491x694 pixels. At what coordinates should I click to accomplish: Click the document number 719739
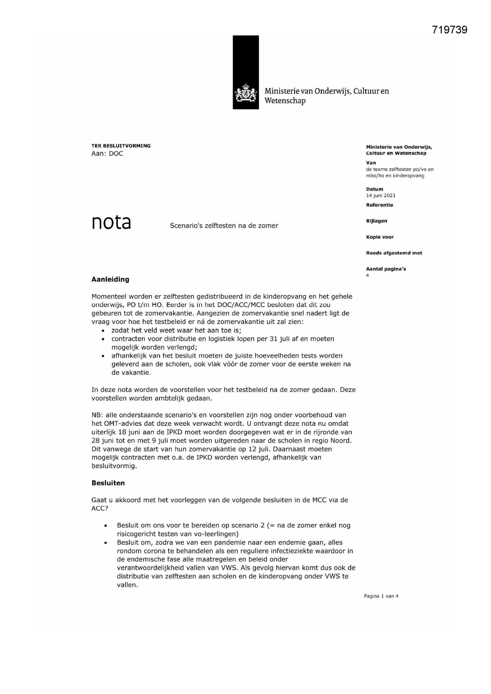click(x=449, y=30)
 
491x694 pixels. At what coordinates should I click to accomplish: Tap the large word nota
click(x=111, y=222)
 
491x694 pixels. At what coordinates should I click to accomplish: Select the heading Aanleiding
click(x=110, y=279)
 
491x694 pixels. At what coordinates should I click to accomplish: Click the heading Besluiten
click(x=108, y=483)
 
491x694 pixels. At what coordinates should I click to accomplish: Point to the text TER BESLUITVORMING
click(x=121, y=146)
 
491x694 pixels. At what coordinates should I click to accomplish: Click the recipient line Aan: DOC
click(x=107, y=154)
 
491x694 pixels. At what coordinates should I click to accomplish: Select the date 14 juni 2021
click(x=381, y=195)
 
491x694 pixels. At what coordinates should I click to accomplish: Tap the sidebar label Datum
click(x=374, y=189)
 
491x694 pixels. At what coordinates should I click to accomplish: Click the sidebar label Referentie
click(x=379, y=205)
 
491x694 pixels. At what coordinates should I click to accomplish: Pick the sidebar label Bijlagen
click(x=377, y=221)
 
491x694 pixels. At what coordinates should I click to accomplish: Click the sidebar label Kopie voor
click(x=380, y=237)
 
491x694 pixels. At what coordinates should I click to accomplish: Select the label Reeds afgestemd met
click(x=394, y=253)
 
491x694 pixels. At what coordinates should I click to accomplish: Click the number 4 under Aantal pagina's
click(x=368, y=275)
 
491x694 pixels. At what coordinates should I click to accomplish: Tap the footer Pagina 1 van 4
click(x=381, y=596)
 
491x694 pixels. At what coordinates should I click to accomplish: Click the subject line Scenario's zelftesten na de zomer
click(x=224, y=226)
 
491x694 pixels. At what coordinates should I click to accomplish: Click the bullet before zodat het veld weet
click(x=103, y=331)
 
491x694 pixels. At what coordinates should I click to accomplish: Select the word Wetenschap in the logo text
click(x=285, y=101)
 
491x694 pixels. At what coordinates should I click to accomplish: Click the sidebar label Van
click(x=371, y=163)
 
